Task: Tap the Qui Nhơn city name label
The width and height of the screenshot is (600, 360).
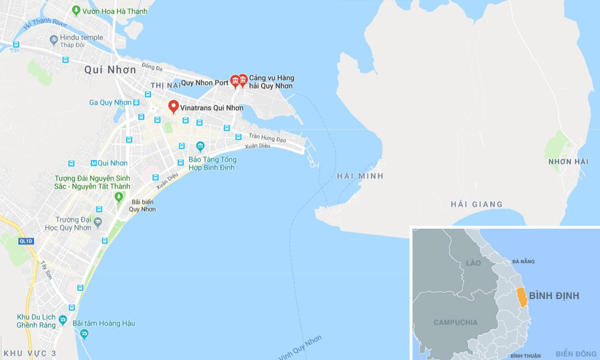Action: click(110, 70)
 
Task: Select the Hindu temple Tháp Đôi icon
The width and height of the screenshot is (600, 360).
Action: click(53, 39)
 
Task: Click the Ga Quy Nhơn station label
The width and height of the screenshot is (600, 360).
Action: click(110, 103)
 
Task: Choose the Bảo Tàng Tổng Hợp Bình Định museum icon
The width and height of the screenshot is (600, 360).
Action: click(200, 145)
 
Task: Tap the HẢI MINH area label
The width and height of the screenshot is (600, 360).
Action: click(360, 176)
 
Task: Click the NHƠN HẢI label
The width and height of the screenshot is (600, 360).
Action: click(568, 162)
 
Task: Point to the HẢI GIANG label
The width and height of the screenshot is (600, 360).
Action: click(476, 204)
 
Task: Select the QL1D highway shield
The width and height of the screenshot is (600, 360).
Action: click(25, 241)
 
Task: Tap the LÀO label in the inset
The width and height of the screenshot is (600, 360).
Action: click(473, 264)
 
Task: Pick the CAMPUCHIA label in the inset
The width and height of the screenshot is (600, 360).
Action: click(455, 322)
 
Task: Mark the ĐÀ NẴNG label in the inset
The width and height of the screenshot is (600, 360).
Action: click(524, 261)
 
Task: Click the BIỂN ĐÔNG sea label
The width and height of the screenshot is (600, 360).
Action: click(576, 354)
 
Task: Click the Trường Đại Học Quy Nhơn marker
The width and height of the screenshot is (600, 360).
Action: click(97, 222)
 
